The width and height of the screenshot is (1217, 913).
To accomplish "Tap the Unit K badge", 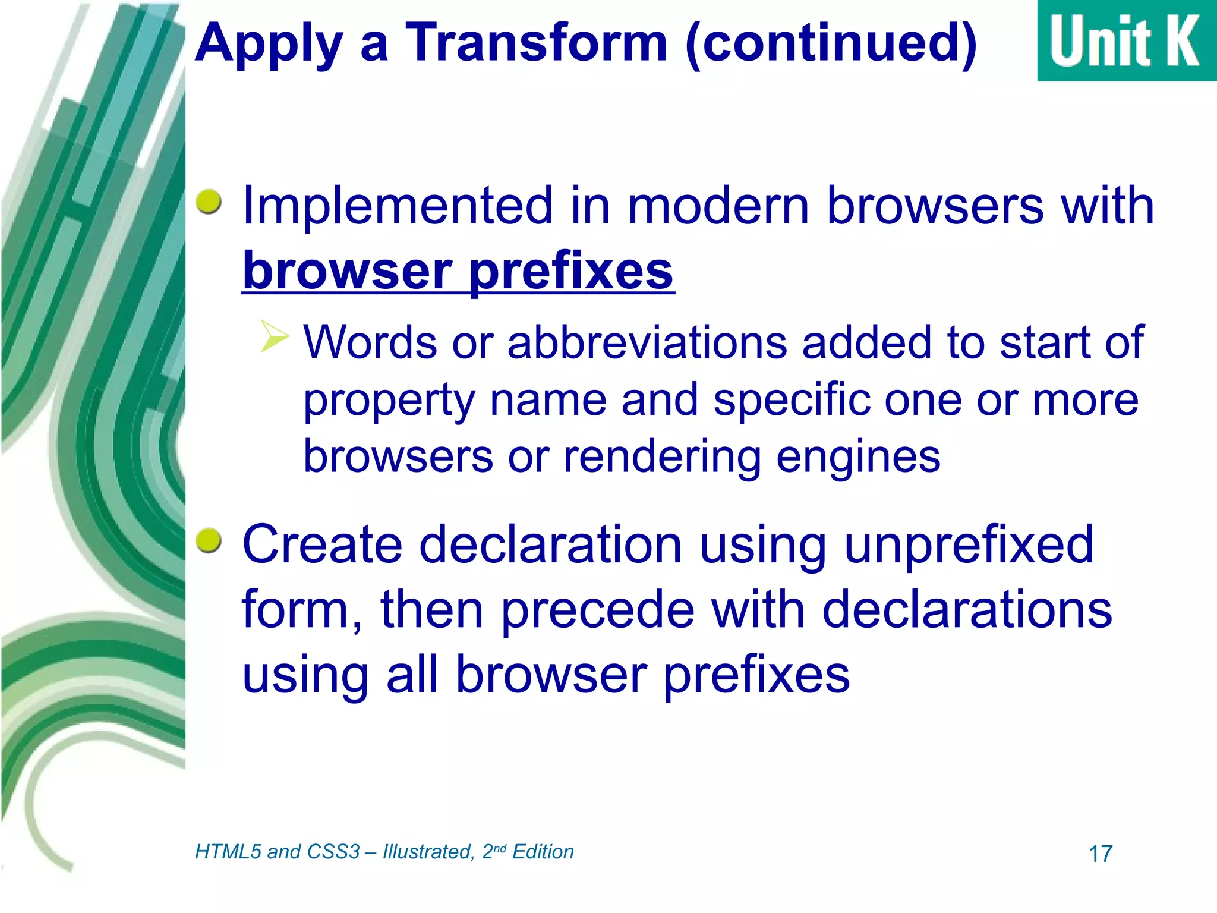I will tap(1126, 40).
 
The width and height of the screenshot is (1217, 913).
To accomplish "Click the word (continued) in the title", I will tap(831, 43).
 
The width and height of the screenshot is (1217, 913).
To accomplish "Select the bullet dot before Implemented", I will tap(209, 202).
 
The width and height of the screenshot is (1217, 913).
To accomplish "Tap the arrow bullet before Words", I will tap(275, 336).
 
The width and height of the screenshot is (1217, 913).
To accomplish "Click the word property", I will tap(389, 401).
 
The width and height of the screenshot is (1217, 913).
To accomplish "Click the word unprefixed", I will tap(968, 544).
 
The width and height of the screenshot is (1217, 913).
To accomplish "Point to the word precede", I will tap(597, 610).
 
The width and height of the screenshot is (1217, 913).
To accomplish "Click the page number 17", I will tap(1100, 854).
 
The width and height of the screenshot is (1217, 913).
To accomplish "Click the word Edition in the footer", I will tap(543, 852).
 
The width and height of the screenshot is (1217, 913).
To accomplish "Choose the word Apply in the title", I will tap(269, 43).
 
